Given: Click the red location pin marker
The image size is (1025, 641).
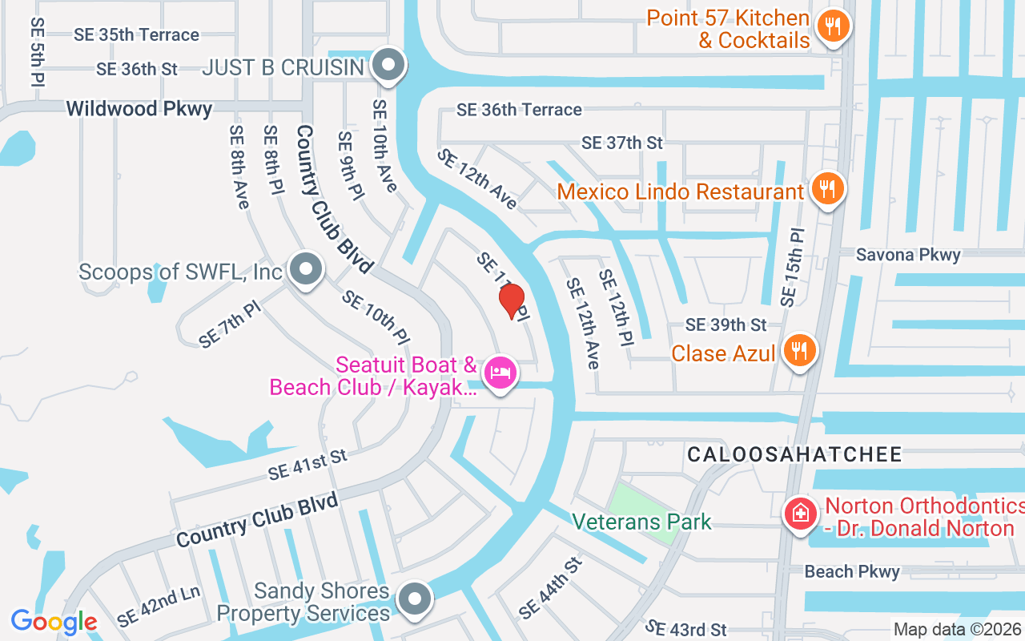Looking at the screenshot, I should point(512,300).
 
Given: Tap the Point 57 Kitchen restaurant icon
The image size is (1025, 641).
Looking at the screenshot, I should point(833,26).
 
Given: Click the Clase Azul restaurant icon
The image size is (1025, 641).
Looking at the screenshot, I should point(798,350).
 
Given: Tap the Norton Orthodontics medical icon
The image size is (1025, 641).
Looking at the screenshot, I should point(800,512).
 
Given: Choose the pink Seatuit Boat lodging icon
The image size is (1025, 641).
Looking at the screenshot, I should point(500,373).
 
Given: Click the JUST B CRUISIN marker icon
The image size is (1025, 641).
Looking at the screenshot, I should point(389,66).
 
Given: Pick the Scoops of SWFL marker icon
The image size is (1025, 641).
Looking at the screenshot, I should point(305,269).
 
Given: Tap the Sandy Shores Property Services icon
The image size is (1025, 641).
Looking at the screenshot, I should point(415,599).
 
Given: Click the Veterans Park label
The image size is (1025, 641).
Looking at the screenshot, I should point(641,522).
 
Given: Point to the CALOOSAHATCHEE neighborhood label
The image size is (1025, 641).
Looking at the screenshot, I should point(794,455).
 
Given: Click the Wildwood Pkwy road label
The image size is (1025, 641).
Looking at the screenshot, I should point(139,109).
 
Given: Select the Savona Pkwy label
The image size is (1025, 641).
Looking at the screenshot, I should point(908,255).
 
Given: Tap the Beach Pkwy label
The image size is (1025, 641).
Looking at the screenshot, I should point(852,571).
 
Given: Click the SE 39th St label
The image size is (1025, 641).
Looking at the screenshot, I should point(726,325).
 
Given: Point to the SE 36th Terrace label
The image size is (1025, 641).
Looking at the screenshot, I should point(519,110).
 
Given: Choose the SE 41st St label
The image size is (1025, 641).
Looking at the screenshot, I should point(307,465).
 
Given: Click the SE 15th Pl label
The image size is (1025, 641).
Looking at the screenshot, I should point(792,268).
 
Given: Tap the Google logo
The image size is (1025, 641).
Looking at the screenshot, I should point(54,621).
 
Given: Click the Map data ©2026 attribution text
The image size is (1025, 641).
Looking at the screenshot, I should point(958,629).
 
